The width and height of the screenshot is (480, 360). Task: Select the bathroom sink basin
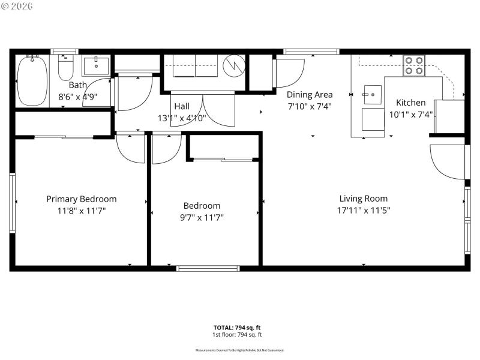[96, 65]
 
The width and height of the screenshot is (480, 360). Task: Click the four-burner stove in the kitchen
[413, 65]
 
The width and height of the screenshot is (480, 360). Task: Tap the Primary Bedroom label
[82, 199]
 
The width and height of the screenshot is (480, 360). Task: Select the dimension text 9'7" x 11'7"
[202, 217]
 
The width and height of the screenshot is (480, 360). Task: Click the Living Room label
[363, 199]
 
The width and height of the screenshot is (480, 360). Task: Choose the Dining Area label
[309, 94]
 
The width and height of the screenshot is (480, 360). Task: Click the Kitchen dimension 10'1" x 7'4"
[411, 114]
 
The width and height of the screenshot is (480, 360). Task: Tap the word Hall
[181, 106]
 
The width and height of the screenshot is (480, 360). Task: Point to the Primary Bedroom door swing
[130, 148]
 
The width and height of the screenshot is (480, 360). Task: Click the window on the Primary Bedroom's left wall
[12, 203]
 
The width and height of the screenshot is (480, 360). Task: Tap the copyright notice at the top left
[17, 6]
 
